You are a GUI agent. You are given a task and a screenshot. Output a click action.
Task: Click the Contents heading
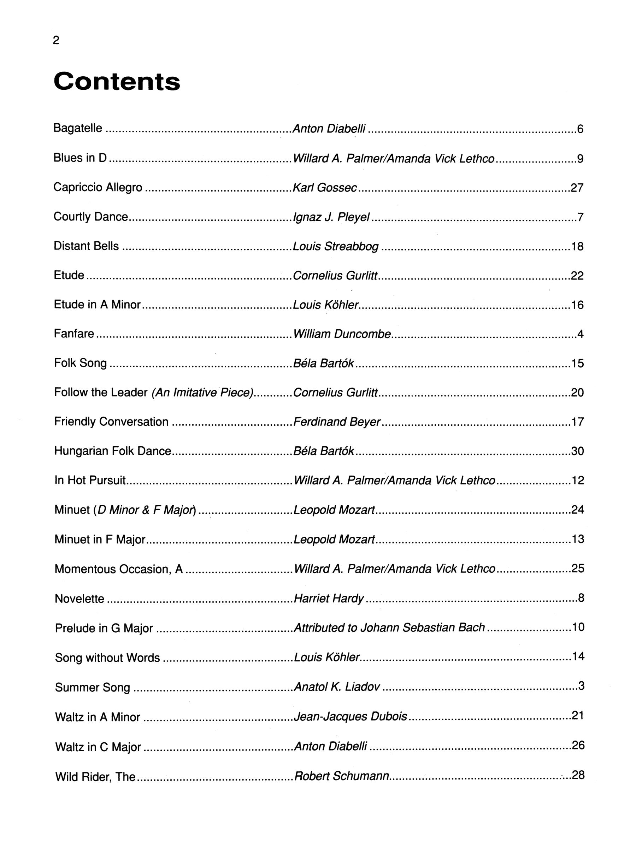coord(117,82)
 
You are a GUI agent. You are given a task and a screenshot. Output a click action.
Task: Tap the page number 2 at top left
coord(56,40)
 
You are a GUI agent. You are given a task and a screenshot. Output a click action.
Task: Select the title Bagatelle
coord(78,128)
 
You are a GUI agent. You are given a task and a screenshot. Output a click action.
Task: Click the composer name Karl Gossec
coord(325,188)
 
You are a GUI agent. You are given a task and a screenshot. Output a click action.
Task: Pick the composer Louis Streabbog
coord(335,246)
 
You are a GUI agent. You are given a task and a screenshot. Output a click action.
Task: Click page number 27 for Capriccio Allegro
coord(577,188)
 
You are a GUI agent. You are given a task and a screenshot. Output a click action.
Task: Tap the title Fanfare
coord(74,334)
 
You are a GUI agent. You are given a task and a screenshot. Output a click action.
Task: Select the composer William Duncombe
coord(342,334)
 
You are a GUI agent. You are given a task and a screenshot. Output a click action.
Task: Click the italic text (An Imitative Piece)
coord(203,393)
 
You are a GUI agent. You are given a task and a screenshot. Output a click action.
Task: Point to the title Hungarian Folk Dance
coord(113,451)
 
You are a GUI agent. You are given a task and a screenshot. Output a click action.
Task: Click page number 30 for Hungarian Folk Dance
coord(577,451)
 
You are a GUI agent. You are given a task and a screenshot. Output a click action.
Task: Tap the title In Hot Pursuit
coord(90,480)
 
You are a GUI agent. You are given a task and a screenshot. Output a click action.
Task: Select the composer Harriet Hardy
coord(329,599)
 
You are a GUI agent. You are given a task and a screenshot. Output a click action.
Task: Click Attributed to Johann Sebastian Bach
coord(389,628)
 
